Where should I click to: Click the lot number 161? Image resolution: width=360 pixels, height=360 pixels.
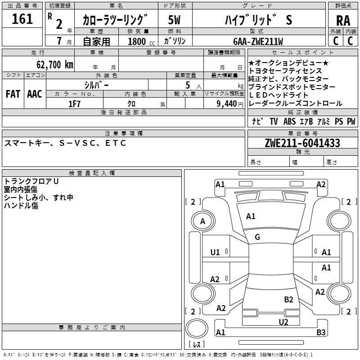click(22, 19)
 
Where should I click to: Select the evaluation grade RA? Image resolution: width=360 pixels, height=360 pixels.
click(343, 21)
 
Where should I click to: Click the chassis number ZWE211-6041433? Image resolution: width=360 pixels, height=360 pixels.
click(302, 143)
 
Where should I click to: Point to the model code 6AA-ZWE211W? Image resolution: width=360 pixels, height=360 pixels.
click(258, 41)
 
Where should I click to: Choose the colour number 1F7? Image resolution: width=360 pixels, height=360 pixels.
click(74, 104)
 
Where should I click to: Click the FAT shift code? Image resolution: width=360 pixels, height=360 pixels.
click(13, 94)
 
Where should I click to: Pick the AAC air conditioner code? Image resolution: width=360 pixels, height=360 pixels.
click(34, 94)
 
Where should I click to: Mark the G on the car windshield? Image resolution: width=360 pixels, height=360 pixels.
click(257, 237)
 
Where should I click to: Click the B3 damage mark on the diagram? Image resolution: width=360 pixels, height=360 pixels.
click(321, 333)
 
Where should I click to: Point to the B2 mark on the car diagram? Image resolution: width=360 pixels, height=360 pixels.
click(288, 299)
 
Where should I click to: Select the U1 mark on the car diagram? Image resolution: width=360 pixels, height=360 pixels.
click(215, 252)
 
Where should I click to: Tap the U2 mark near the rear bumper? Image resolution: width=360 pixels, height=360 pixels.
click(283, 322)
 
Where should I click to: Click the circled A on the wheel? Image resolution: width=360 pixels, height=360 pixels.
click(202, 221)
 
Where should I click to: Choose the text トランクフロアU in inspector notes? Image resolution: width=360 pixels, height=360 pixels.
click(31, 181)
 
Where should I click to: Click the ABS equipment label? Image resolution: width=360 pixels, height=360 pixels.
click(289, 121)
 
